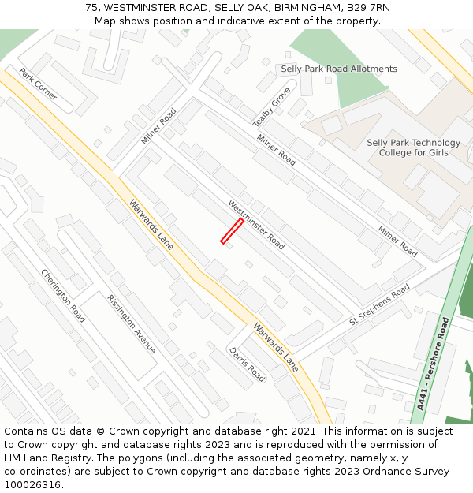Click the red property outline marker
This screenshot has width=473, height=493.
pyautogui.click(x=232, y=231)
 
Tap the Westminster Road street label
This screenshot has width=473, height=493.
pyautogui.click(x=256, y=225)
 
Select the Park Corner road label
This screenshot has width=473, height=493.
pyautogui.click(x=39, y=84)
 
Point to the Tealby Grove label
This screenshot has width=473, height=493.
pyautogui.click(x=272, y=107)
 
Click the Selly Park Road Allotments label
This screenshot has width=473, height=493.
pyautogui.click(x=339, y=69)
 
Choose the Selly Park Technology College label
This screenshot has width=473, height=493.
pyautogui.click(x=414, y=148)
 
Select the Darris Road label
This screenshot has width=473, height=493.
pyautogui.click(x=247, y=364)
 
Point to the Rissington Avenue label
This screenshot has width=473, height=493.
pyautogui.click(x=132, y=324)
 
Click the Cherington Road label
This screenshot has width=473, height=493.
pyautogui.click(x=63, y=296)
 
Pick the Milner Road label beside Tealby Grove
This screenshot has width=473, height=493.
pyautogui.click(x=277, y=149)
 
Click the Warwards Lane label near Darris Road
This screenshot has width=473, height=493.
pyautogui.click(x=276, y=347)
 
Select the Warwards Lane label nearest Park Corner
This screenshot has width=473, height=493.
pyautogui.click(x=151, y=224)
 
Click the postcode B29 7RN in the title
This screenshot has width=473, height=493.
pyautogui.click(x=368, y=8)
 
